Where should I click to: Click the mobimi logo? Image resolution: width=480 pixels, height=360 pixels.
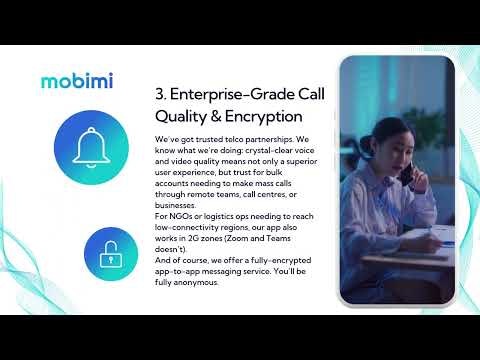(76, 80)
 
